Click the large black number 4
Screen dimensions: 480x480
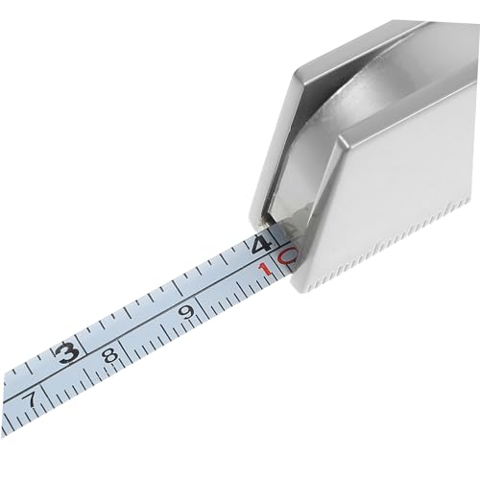tap(261, 245)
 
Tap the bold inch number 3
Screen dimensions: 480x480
tap(66, 352)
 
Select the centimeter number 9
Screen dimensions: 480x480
tap(186, 311)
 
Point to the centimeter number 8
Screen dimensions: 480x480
tap(110, 354)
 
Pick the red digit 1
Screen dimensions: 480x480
tap(266, 270)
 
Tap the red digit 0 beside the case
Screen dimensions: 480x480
tap(286, 255)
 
